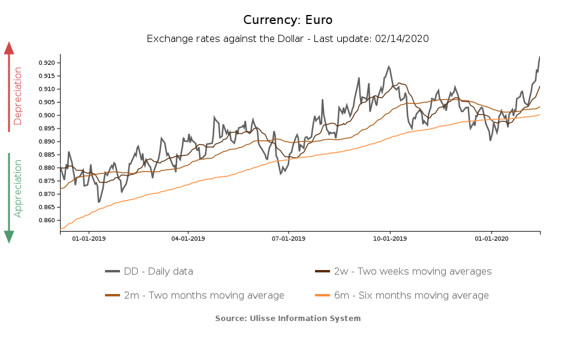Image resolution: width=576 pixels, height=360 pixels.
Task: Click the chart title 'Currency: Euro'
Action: (288, 20)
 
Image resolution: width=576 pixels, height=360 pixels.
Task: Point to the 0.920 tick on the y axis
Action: (47, 63)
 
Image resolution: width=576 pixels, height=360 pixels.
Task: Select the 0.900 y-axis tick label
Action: (47, 116)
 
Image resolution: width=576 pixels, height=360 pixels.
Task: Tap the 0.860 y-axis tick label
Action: (47, 221)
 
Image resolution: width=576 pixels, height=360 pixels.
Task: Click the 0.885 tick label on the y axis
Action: (47, 155)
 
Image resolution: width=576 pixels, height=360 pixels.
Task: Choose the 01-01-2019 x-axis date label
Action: (89, 239)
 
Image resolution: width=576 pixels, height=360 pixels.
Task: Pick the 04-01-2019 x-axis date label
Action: (188, 239)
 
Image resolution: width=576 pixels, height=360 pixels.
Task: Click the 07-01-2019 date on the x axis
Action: (289, 239)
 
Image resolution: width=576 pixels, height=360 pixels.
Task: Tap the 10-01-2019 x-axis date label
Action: (390, 239)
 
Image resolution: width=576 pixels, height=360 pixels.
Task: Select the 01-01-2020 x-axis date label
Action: (491, 239)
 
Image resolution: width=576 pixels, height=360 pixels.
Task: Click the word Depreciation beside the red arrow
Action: (18, 96)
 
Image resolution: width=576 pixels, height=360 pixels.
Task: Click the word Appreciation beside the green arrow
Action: (18, 188)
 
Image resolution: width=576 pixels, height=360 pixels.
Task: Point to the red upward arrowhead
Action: (9, 48)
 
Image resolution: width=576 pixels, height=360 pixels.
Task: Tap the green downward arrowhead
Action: (9, 237)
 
